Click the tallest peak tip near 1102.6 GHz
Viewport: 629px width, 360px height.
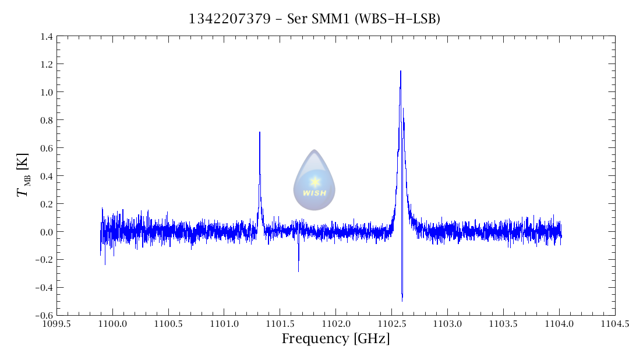pos(401,72)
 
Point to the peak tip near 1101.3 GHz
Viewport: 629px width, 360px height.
pos(260,133)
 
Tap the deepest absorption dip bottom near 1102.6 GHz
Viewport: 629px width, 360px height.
pos(402,301)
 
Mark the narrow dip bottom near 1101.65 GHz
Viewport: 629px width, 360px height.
pos(298,271)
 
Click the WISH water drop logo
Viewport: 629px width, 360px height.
pos(314,180)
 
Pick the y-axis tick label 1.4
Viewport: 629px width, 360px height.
pos(47,37)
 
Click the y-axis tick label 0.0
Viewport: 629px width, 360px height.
pos(47,232)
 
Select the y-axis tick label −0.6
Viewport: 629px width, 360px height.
pos(44,315)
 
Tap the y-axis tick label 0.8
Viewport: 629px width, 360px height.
pos(47,120)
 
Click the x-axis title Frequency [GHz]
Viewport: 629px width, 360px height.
pos(335,339)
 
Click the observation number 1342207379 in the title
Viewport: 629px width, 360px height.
pos(229,19)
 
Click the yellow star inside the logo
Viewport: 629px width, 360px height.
pos(315,182)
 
